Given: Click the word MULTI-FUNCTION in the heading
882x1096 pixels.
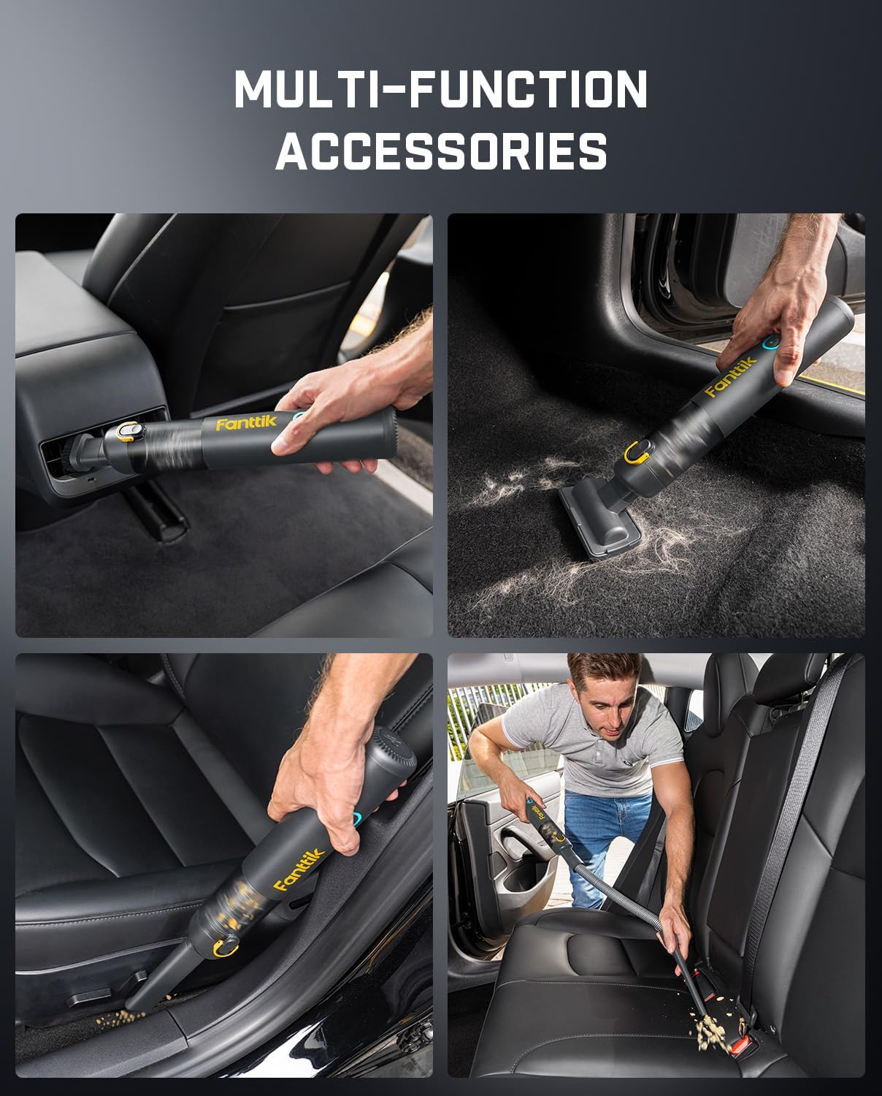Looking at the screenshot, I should tap(440, 88).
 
